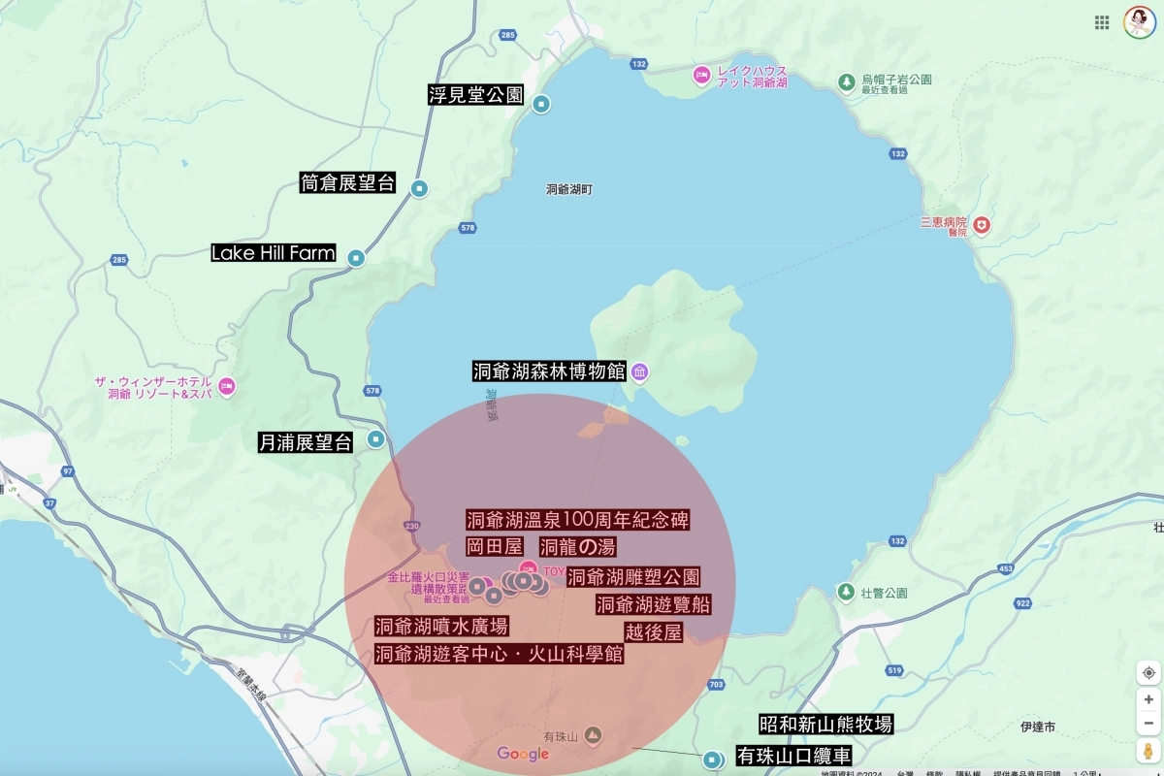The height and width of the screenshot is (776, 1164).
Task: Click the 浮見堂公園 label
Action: tap(475, 95)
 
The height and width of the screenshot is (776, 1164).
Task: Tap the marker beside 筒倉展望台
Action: tap(419, 188)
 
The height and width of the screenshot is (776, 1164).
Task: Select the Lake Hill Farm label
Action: tap(273, 253)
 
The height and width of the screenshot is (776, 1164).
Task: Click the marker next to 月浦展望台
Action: tap(376, 439)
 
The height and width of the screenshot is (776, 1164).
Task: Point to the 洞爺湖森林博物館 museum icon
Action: tap(640, 372)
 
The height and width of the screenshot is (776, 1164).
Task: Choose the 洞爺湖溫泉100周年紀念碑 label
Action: tap(577, 519)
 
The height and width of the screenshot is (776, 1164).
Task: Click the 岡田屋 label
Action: tap(494, 547)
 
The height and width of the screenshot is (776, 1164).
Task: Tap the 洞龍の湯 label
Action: tap(577, 547)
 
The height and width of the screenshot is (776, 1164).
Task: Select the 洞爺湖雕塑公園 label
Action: tap(633, 577)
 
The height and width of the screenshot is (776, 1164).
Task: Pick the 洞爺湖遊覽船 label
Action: tap(653, 605)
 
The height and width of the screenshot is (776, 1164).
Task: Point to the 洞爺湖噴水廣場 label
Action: tap(441, 627)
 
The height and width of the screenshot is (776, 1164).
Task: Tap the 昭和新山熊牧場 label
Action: tap(825, 725)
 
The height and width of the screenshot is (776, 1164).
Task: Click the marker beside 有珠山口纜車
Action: tap(714, 759)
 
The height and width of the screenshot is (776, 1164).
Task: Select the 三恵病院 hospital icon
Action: tap(983, 225)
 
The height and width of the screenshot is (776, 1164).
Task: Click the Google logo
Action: tap(523, 754)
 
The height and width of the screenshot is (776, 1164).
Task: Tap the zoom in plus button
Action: tap(1148, 699)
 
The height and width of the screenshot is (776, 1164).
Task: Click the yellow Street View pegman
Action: tap(1148, 751)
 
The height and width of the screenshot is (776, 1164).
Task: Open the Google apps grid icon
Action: tap(1102, 22)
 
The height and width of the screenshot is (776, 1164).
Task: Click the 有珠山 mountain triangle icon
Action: tap(593, 737)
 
